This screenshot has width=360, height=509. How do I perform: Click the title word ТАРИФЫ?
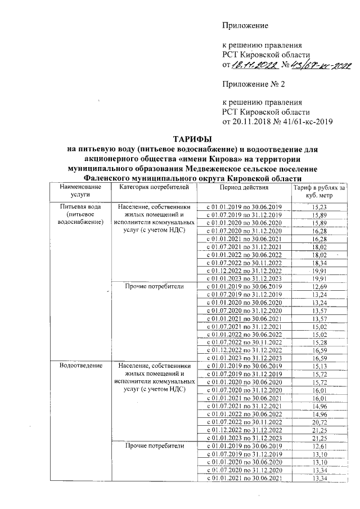[192, 139]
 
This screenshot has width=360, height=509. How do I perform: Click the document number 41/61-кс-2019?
[308, 121]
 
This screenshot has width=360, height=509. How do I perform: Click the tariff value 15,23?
[318, 208]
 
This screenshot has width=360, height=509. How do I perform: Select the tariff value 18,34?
[318, 262]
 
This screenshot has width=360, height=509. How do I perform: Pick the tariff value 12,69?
[318, 287]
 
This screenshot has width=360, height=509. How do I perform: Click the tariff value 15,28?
[318, 342]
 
